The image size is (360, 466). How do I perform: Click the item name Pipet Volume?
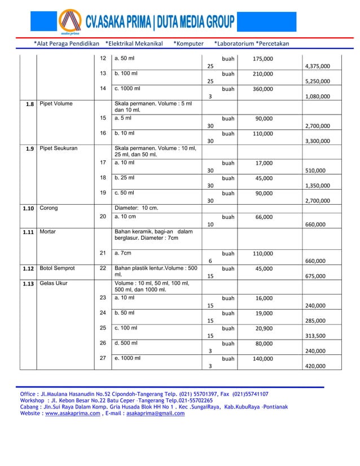(56, 104)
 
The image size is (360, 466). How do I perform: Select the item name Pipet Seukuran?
(59, 148)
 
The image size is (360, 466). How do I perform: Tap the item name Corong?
(49, 208)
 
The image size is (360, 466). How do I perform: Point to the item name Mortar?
(48, 231)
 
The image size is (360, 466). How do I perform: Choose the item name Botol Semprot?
(58, 269)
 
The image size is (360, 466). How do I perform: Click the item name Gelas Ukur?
(54, 283)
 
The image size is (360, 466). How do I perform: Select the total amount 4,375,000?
(317, 66)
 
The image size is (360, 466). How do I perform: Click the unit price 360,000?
(262, 89)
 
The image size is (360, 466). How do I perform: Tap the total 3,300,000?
(317, 141)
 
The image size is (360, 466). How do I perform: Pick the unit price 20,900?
(264, 328)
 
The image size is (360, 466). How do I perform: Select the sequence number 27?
(103, 358)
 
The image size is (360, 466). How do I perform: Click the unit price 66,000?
(264, 216)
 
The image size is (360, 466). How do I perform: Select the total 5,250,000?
(317, 81)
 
